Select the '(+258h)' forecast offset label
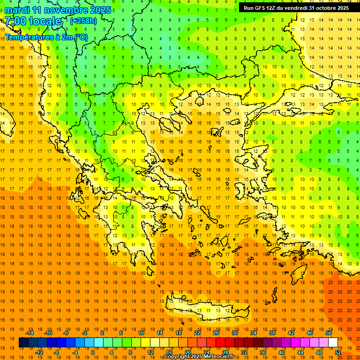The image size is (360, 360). (x=83, y=21)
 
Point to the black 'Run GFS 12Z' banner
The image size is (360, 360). (x=296, y=8)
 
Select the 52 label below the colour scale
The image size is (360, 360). (x=338, y=352)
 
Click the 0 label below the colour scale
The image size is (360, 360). (x=92, y=352)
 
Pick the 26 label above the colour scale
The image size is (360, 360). (x=216, y=333)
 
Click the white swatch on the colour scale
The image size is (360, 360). (x=333, y=343)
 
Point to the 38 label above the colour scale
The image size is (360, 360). (x=272, y=333)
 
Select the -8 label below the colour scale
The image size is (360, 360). (x=57, y=352)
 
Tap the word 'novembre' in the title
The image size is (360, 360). (x=60, y=10)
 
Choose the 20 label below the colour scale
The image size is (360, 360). (x=188, y=352)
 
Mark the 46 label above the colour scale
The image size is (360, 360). (x=310, y=333)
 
